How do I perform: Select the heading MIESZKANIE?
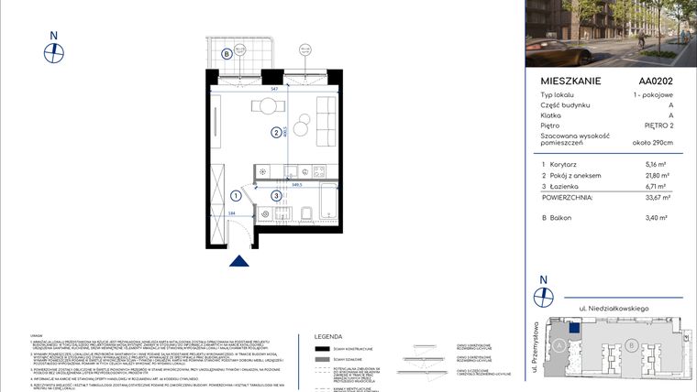(x=571, y=81)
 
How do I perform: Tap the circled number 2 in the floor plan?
(x=275, y=133)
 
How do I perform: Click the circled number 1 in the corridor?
(x=236, y=195)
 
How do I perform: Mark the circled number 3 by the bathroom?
(x=275, y=195)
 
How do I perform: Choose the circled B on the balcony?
(x=226, y=53)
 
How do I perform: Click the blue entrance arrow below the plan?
(x=239, y=261)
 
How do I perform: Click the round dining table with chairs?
(x=266, y=106)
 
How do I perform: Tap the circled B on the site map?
(x=632, y=345)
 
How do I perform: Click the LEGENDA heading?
(x=328, y=336)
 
